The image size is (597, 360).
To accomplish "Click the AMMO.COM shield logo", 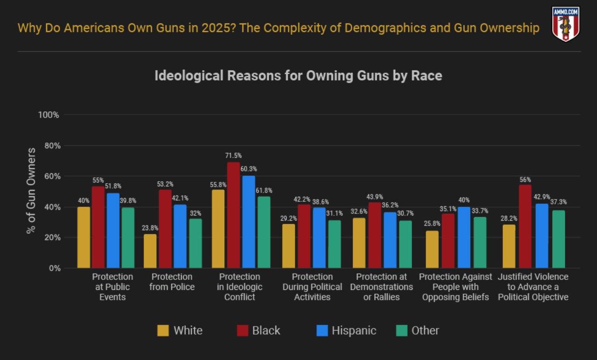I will pyautogui.click(x=566, y=24).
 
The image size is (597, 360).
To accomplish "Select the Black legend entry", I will pyautogui.click(x=259, y=331).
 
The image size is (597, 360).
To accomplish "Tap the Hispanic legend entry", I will pyautogui.click(x=346, y=331).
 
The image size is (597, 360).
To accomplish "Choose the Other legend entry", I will pyautogui.click(x=417, y=331).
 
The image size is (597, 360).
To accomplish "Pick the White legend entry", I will pyautogui.click(x=180, y=331).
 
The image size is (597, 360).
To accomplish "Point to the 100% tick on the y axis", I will pyautogui.click(x=49, y=115).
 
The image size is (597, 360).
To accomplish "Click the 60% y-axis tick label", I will pyautogui.click(x=51, y=176).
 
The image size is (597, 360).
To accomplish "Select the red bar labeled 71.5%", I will pyautogui.click(x=233, y=215).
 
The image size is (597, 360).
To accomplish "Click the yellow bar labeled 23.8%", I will pyautogui.click(x=150, y=251).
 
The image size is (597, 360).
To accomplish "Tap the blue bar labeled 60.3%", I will pyautogui.click(x=249, y=222).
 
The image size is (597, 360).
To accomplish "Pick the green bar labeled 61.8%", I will pyautogui.click(x=264, y=232).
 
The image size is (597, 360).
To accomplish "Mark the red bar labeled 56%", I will pyautogui.click(x=525, y=226).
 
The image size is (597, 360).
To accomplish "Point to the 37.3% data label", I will pyautogui.click(x=559, y=202).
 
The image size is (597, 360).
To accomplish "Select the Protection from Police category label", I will pyautogui.click(x=172, y=282).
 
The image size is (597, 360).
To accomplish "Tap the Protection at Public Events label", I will pyautogui.click(x=113, y=287).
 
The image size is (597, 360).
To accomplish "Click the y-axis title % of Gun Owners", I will pyautogui.click(x=31, y=190).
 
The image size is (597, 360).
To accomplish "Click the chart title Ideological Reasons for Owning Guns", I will pyautogui.click(x=298, y=76).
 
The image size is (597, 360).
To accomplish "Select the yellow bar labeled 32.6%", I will pyautogui.click(x=359, y=243).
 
